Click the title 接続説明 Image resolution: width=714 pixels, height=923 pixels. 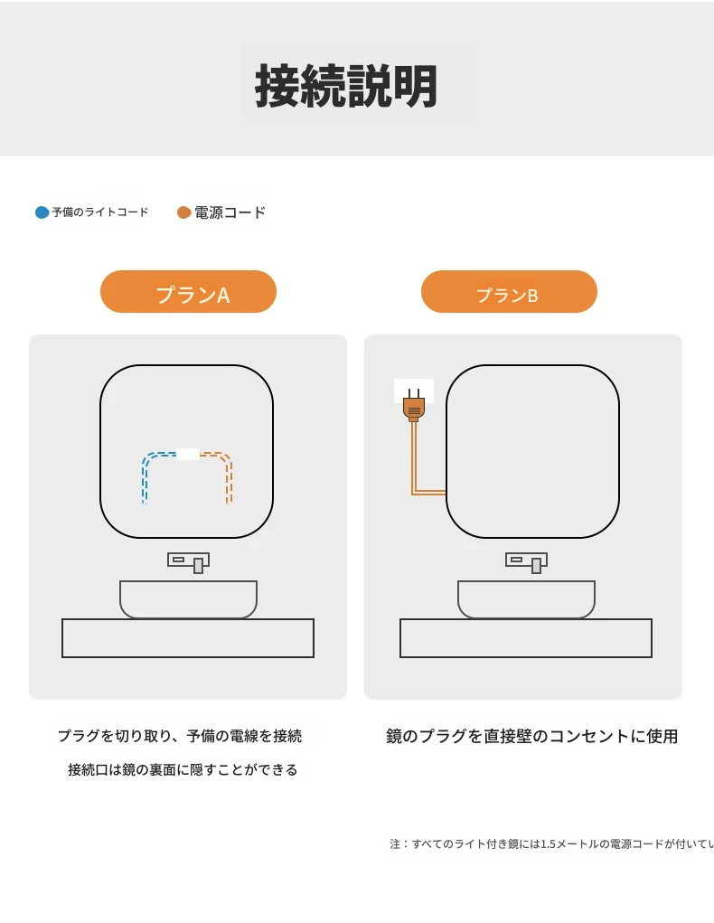346,86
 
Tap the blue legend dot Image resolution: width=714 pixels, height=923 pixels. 42,212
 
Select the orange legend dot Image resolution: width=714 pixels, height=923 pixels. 184,212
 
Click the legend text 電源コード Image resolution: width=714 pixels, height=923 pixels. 230,212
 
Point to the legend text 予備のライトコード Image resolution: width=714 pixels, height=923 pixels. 100,212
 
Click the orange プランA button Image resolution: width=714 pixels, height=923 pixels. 188,291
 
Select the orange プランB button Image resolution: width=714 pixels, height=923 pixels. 509,291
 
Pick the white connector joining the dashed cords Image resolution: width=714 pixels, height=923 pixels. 188,455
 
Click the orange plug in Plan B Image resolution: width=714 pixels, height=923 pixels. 414,406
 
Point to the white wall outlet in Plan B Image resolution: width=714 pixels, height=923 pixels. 414,391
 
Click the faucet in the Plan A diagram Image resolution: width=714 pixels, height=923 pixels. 188,562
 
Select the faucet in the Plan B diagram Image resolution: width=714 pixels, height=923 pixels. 526,562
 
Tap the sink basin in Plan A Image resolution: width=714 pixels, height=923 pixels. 188,599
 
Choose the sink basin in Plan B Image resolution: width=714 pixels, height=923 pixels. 526,599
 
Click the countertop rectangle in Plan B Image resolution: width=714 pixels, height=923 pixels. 526,638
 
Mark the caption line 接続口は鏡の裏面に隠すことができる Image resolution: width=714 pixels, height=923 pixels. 183,770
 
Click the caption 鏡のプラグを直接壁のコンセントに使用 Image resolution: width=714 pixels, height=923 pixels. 532,737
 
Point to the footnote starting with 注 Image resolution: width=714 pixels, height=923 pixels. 551,844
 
